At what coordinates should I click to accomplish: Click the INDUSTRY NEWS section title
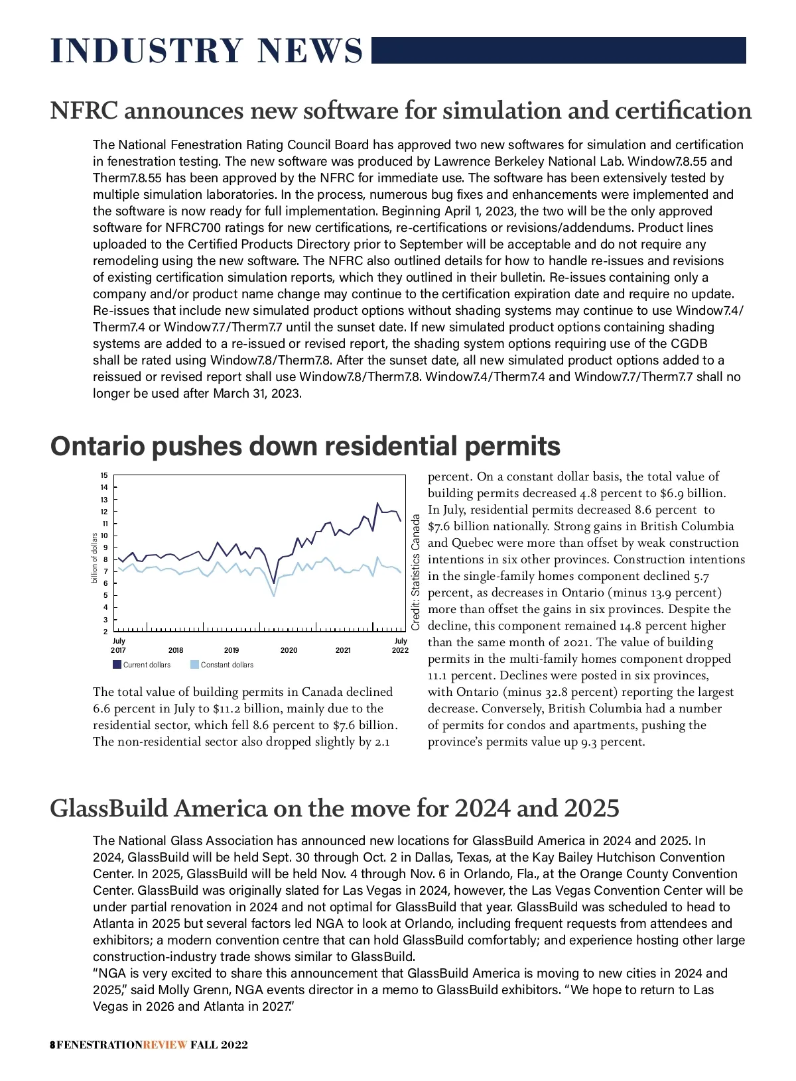[x=206, y=52]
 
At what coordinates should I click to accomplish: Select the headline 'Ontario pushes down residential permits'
[x=305, y=446]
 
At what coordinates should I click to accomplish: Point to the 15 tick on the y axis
[x=104, y=475]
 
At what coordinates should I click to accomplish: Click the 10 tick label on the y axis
[x=104, y=536]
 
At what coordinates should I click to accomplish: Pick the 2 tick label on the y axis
[x=104, y=632]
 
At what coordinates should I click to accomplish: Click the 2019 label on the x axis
[x=232, y=650]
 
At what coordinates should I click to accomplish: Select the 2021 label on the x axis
[x=343, y=650]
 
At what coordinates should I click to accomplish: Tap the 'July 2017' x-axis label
[x=119, y=646]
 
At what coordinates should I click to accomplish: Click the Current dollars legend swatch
[x=117, y=665]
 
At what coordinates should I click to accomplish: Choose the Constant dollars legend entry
[x=222, y=665]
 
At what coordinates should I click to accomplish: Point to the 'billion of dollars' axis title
[x=94, y=558]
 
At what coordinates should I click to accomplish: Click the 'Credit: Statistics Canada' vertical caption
[x=416, y=573]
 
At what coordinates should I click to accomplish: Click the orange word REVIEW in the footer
[x=165, y=1045]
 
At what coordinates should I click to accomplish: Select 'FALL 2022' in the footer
[x=220, y=1045]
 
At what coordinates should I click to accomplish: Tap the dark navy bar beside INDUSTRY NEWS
[x=559, y=50]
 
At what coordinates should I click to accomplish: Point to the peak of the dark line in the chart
[x=377, y=503]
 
